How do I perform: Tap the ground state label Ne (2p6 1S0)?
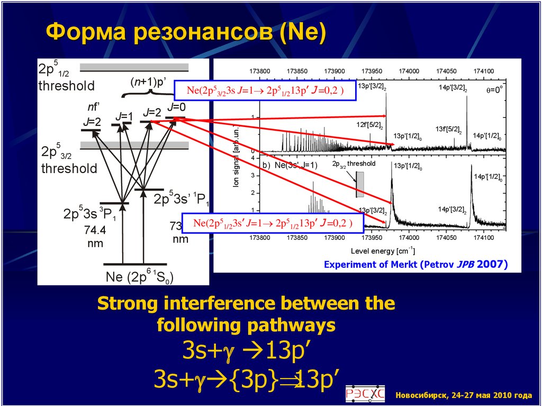tap(140, 277)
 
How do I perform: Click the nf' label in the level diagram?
tap(94, 106)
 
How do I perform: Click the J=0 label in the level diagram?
tap(176, 107)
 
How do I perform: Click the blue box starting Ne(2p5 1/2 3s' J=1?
tap(273, 224)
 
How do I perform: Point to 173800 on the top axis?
tap(260, 71)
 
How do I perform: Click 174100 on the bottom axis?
tap(484, 239)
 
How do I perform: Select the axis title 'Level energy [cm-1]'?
tap(383, 250)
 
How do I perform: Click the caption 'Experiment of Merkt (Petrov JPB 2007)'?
tap(415, 264)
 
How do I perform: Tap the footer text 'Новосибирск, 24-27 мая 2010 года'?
tap(463, 395)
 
